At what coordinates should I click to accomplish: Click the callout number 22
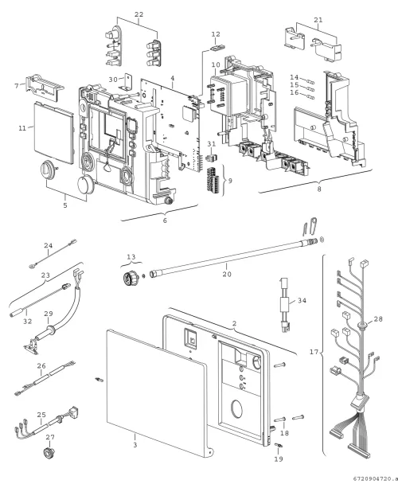click(139, 14)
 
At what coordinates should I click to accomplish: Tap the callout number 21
click(318, 20)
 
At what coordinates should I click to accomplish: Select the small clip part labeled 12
click(218, 47)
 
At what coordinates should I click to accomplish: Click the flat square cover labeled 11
click(53, 134)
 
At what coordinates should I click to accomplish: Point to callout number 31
click(212, 143)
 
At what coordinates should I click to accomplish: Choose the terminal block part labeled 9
click(214, 181)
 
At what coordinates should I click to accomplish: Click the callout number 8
click(319, 189)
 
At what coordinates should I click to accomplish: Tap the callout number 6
click(165, 221)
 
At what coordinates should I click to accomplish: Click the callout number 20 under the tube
click(227, 274)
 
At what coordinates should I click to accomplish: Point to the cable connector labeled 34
click(286, 305)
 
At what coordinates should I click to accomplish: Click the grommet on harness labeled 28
click(361, 325)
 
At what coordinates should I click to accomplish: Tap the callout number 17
click(314, 352)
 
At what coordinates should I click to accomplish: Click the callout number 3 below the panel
click(135, 445)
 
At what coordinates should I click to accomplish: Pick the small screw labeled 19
click(279, 445)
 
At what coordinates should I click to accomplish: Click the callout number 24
click(49, 246)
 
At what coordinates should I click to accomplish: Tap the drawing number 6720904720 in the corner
click(377, 478)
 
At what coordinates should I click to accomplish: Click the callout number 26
click(41, 365)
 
